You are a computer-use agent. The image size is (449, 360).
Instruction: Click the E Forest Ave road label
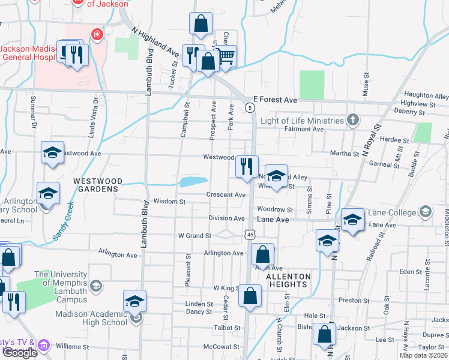coord(275,99)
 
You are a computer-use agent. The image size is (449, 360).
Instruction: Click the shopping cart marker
coord(226,57)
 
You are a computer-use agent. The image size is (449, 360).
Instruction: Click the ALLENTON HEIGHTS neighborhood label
coord(288,280)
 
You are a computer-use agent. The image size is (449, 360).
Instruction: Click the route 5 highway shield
coord(250,107)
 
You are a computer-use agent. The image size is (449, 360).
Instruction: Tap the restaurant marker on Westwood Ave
coord(246,166)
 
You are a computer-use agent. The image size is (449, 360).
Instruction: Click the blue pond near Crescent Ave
coord(193,182)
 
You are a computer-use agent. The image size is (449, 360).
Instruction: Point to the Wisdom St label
coord(169,202)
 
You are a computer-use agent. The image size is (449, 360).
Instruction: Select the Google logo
coord(20,352)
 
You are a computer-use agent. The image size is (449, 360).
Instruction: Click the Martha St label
coord(345,154)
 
